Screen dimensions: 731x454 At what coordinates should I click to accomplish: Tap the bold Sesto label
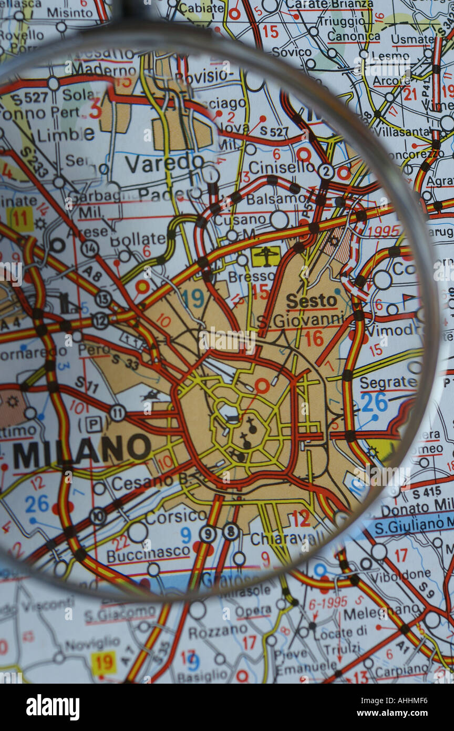point(312,301)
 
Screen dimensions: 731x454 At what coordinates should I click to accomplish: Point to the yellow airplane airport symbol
point(266,256)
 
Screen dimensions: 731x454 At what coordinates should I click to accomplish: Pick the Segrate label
point(388,383)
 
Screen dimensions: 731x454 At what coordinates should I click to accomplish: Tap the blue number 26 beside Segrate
point(374,402)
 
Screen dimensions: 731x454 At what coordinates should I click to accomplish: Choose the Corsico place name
point(176,516)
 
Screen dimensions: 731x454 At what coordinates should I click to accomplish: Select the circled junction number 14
point(89,248)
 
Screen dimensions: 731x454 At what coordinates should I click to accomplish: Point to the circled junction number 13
point(103,299)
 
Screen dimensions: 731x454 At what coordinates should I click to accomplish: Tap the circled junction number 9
point(208,534)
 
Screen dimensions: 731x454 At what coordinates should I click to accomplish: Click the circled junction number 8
point(231,532)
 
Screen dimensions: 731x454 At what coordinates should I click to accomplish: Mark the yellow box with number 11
point(20,219)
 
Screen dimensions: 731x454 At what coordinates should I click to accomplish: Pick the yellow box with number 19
point(104,664)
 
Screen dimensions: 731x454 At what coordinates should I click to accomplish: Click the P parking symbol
point(94,424)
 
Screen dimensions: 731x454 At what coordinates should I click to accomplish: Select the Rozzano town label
point(218,631)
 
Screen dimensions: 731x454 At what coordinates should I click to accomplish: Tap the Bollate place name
point(138,239)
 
